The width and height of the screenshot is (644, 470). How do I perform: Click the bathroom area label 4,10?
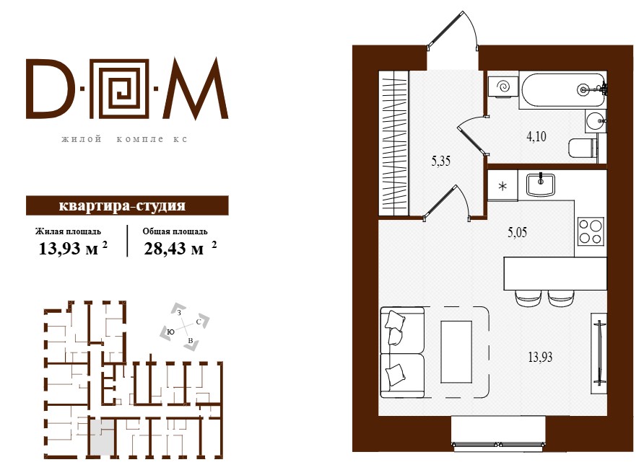click(536, 136)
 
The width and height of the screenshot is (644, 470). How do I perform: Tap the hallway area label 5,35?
click(440, 161)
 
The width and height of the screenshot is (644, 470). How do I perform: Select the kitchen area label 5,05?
click(517, 233)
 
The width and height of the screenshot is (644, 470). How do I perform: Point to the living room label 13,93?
click(540, 358)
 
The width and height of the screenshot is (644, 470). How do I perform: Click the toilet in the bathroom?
click(583, 148)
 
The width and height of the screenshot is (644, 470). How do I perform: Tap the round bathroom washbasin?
click(595, 121)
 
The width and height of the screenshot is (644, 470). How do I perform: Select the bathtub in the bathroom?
click(562, 91)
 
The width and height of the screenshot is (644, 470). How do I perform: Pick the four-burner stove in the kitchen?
click(591, 231)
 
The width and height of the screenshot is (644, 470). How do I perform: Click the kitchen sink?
click(541, 185)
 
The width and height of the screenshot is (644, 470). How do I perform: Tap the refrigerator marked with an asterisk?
click(502, 186)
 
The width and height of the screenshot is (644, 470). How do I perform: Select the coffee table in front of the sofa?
click(456, 352)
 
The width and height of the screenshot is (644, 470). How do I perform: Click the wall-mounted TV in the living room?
click(599, 354)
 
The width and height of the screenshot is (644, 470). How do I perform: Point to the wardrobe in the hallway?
click(394, 143)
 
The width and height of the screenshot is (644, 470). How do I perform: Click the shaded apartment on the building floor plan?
click(101, 437)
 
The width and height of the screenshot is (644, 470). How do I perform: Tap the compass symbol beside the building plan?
click(184, 327)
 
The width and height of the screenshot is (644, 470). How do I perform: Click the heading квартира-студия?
click(122, 205)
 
